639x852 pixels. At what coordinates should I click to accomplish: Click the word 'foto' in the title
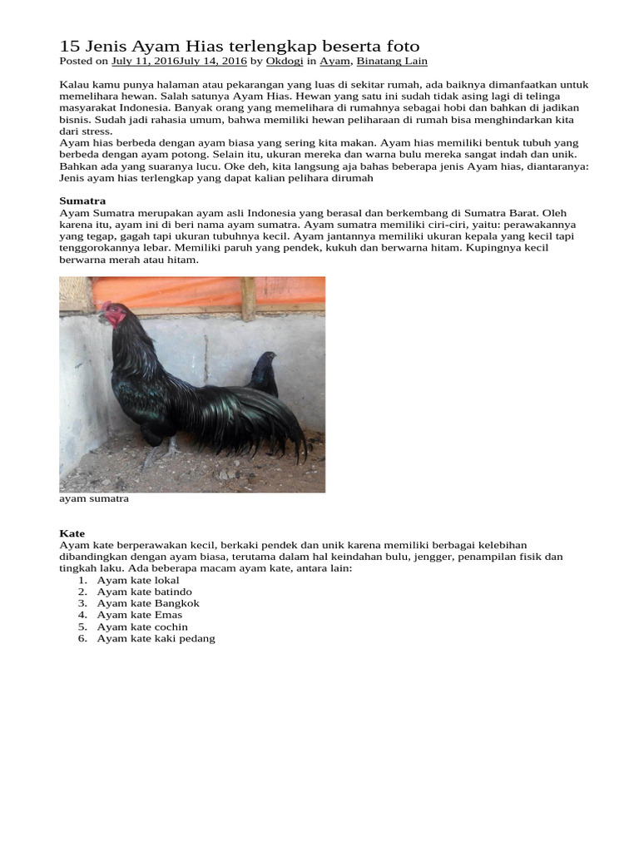400,46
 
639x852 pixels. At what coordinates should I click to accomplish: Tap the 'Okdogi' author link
284,61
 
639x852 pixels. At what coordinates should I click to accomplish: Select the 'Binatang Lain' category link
392,61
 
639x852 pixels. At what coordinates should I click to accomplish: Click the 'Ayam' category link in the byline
335,61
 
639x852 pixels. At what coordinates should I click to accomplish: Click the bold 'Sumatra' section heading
82,201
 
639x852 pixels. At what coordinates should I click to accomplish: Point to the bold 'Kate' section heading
72,533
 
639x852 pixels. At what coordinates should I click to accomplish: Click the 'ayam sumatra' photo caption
94,500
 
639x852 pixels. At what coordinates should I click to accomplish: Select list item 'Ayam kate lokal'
138,580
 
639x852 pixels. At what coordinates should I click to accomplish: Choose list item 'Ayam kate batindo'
145,592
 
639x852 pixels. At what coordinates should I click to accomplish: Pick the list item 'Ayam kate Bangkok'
148,603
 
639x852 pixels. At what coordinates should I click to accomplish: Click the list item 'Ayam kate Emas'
140,615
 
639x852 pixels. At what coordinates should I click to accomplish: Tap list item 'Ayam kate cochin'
142,627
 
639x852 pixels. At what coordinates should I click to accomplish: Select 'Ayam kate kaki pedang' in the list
156,638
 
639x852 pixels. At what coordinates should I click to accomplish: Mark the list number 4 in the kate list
82,615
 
